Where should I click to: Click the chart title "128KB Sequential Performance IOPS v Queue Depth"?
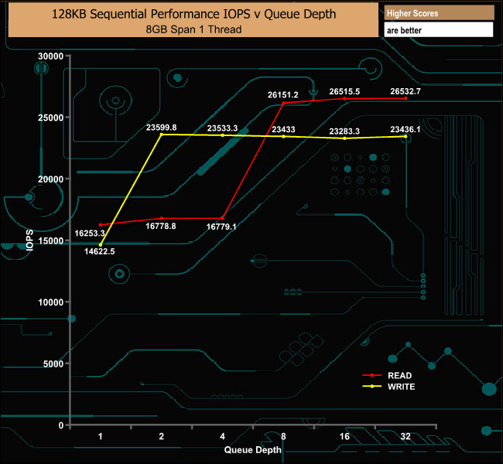(x=193, y=15)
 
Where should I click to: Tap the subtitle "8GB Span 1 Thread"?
(x=193, y=29)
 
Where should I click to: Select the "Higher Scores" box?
(x=439, y=13)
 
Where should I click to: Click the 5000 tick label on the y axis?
(x=53, y=363)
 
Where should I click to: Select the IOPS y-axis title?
(x=30, y=240)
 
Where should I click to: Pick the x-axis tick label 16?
(x=344, y=436)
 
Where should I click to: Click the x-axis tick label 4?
(x=222, y=436)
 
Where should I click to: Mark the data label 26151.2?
(x=283, y=94)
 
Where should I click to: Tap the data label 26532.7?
(x=405, y=91)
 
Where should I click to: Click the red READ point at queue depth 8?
(x=283, y=103)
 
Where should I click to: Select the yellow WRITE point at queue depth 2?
(x=161, y=135)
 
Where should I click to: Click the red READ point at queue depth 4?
(x=222, y=218)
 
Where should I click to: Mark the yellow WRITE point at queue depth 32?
(x=405, y=136)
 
